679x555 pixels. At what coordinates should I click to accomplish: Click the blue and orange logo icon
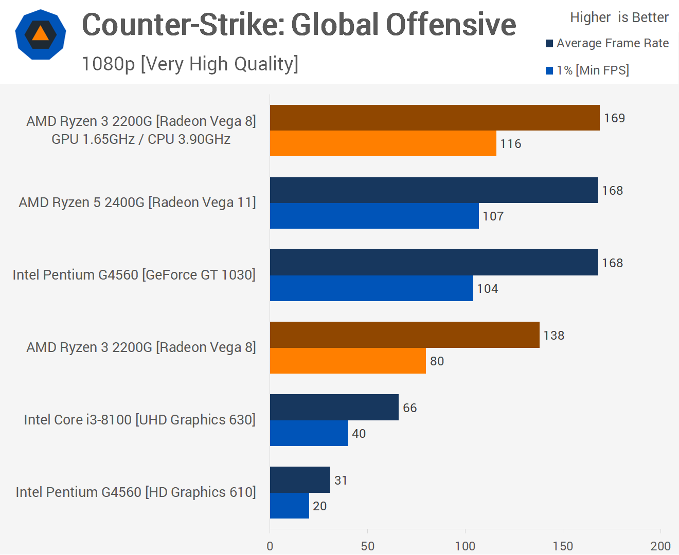41,34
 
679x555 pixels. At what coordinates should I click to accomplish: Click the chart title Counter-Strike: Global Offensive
299,25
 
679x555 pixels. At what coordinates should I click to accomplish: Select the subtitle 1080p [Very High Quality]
190,64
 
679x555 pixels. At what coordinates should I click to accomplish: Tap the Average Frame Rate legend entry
607,43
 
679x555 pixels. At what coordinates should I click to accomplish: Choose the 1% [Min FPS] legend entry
587,70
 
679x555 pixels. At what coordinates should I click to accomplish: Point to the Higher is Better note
619,17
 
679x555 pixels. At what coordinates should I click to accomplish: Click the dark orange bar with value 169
435,118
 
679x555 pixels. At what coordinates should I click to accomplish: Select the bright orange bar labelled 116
383,143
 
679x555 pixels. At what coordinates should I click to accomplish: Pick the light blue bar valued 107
374,216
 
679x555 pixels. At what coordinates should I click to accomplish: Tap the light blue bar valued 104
371,288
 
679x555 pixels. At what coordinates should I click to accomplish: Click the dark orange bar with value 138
404,335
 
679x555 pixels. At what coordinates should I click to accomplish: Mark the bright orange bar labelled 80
348,361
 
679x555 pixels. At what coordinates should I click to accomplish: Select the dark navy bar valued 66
334,408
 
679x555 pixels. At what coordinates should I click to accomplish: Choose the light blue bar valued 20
290,506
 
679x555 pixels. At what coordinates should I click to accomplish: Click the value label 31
341,480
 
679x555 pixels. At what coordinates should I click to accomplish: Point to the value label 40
359,434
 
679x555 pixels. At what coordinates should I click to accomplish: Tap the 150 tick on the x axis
563,546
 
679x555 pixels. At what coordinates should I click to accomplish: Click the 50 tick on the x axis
367,546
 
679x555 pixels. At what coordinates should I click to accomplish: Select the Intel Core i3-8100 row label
140,420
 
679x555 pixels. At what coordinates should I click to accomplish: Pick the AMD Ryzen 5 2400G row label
137,202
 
